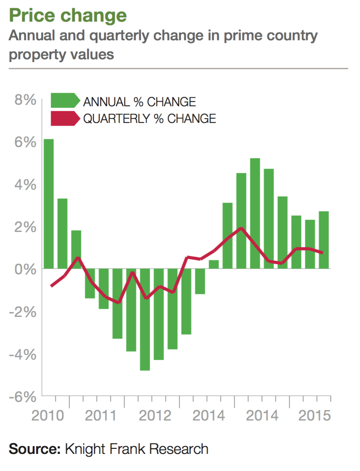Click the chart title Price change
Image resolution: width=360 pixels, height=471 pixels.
point(67,16)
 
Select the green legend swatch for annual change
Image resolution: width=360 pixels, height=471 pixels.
point(64,101)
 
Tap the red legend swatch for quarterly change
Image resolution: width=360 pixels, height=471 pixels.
point(64,118)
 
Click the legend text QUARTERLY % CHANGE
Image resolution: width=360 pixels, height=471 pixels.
point(150,118)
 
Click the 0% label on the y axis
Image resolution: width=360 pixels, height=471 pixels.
point(25,269)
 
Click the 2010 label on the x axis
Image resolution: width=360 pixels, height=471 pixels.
point(48,416)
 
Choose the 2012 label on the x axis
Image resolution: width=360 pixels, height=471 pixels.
point(155,416)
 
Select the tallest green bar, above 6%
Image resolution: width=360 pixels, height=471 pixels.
point(48,203)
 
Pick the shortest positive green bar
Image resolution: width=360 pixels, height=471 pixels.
point(214,264)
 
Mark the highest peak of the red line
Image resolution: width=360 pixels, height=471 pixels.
point(241,228)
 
